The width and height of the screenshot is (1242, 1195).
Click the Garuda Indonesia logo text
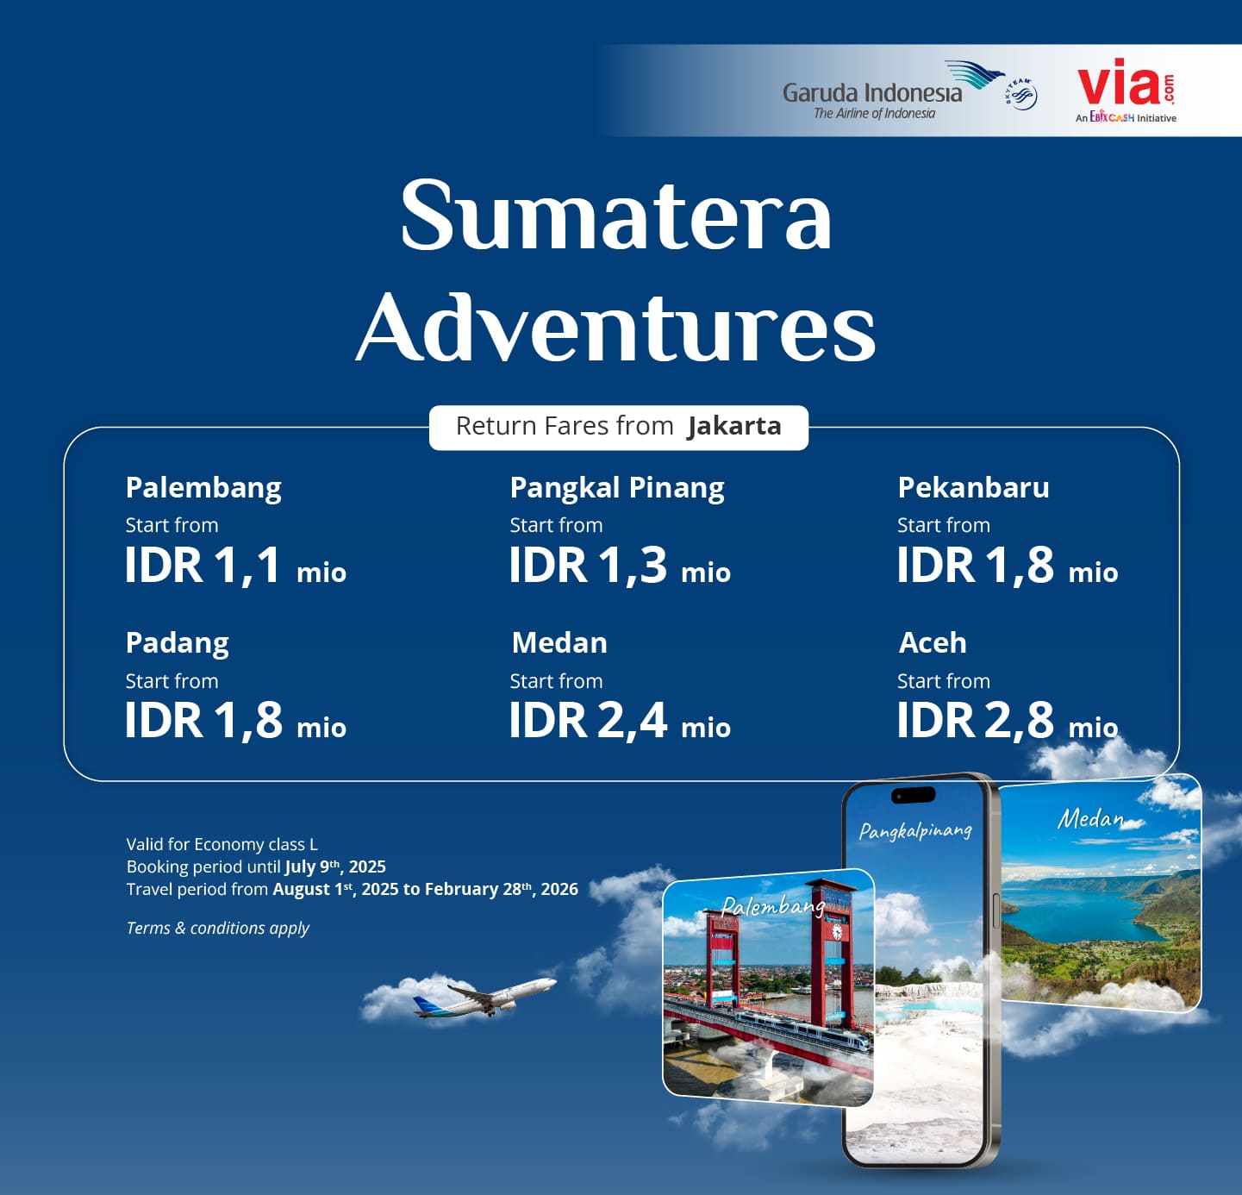(872, 93)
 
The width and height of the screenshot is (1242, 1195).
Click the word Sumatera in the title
(616, 215)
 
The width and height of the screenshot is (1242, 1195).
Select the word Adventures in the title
(616, 328)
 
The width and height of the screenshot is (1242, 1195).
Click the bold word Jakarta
(734, 426)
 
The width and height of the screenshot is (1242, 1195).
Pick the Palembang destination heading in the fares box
(203, 488)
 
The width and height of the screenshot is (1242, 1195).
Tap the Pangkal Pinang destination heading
(617, 488)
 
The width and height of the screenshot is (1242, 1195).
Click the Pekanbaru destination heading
(973, 488)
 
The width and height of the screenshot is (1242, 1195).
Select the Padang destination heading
(178, 643)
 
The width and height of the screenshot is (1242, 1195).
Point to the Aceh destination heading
(933, 643)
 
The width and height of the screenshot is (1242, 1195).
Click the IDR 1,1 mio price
(235, 566)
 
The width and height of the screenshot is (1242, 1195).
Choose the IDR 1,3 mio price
(620, 566)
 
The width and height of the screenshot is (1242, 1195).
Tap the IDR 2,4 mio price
(620, 721)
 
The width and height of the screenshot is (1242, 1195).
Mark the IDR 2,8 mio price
(1008, 721)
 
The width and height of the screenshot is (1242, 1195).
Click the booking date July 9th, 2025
(335, 867)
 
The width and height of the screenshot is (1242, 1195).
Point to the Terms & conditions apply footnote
(218, 928)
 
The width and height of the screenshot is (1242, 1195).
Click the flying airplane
(484, 997)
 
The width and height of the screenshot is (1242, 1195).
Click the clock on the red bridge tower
(837, 932)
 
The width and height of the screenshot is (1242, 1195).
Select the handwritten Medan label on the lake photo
(1090, 819)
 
